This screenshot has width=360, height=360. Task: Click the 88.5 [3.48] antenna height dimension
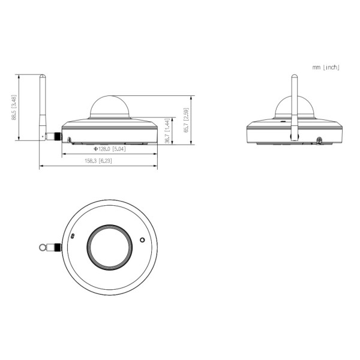14,107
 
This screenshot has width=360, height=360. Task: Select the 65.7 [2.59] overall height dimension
186,120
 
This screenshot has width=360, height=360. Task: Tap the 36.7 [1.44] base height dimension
167,131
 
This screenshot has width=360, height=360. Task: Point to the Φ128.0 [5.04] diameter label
110,149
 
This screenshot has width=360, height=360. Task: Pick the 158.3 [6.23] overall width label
98,161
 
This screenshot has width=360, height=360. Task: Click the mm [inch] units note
326,67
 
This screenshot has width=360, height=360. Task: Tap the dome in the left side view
110,107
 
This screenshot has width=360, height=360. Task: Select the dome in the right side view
295,107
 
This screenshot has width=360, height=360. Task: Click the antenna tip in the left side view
43,74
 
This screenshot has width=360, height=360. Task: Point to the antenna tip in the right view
295,75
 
